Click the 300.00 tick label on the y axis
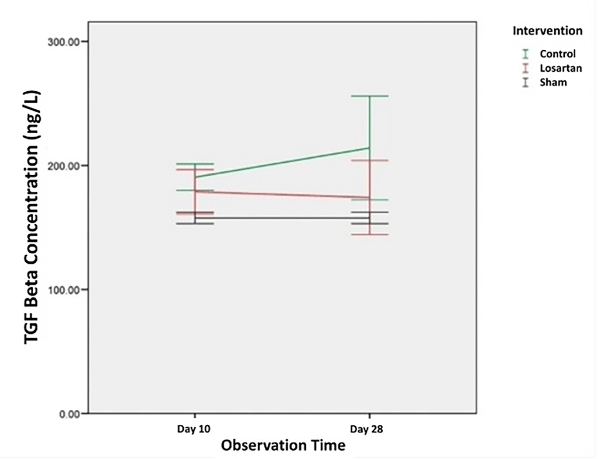[64, 42]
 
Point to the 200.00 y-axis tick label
[64, 166]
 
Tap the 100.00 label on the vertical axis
[64, 290]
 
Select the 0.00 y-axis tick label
[70, 414]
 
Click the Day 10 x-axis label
[193, 429]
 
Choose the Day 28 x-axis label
[366, 429]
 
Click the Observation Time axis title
[283, 445]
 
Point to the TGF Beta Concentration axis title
[32, 217]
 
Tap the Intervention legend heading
[547, 31]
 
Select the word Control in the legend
[557, 54]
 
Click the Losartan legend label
[560, 68]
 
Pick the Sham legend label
[553, 82]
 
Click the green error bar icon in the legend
[525, 54]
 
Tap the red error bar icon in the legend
[525, 68]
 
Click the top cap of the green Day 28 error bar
[370, 96]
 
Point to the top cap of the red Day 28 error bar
[370, 160]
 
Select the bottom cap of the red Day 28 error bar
[370, 235]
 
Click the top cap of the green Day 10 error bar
[195, 163]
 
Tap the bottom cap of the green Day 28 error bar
[370, 200]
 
